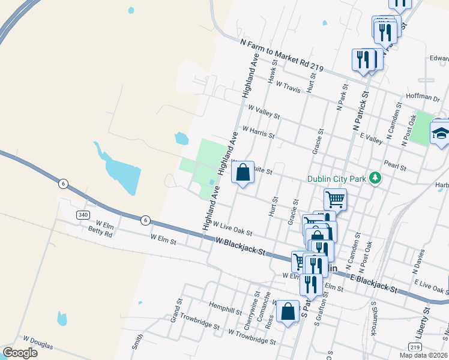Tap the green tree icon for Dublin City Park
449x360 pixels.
376,178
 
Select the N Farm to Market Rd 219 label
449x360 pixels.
282,57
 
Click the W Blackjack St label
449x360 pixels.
240,246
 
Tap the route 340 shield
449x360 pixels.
83,215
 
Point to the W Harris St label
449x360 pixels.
258,131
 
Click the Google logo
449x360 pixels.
20,353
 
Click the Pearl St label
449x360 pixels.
396,163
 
